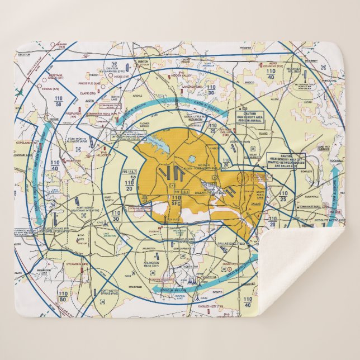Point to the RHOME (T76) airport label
(x=59, y=88)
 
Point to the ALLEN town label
(x=274, y=99)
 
